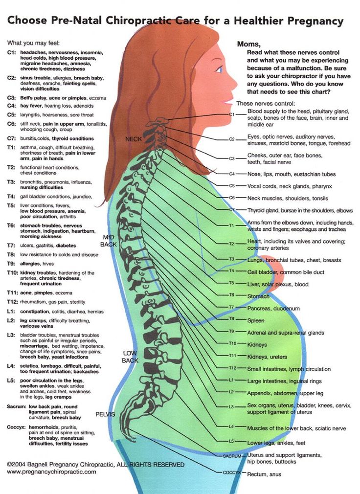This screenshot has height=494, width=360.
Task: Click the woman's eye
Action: click(219, 69)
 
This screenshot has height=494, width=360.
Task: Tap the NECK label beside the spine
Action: click(134, 139)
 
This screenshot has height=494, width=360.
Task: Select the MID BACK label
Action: click(109, 241)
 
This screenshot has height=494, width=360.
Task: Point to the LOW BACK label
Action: click(130, 357)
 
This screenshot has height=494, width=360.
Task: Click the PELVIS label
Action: click(105, 414)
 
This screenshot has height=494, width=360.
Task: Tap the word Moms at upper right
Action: click(249, 45)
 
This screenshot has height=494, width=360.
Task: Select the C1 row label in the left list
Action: click(11, 52)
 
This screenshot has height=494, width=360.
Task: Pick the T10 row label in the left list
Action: click(12, 272)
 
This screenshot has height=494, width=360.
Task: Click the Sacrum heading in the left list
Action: click(16, 406)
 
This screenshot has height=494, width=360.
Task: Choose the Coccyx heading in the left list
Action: click(17, 427)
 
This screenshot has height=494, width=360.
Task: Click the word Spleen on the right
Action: click(255, 320)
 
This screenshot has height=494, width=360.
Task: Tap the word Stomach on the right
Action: click(258, 296)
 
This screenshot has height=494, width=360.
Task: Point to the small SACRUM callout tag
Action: click(232, 456)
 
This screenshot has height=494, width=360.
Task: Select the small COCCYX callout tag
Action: click(232, 472)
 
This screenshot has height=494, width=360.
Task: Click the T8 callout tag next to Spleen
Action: click(231, 319)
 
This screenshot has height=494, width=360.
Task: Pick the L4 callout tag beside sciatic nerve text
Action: click(231, 427)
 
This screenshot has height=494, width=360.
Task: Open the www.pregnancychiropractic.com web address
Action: click(52, 472)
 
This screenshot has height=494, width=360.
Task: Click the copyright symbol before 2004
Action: click(9, 464)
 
